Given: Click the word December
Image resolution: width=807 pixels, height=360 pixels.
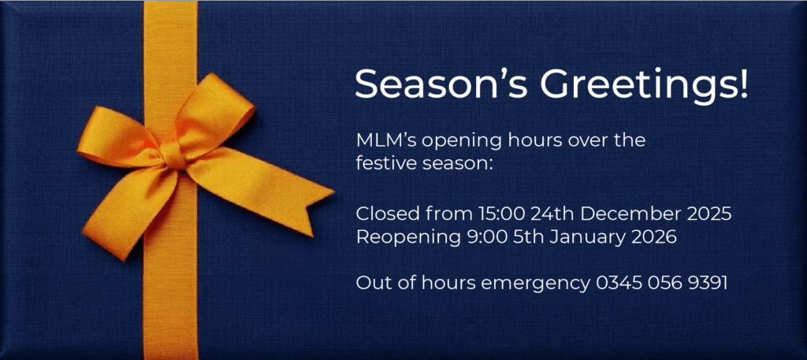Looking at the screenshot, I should click(x=634, y=213).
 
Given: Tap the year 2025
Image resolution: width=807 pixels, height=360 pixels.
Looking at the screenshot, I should click(x=709, y=213).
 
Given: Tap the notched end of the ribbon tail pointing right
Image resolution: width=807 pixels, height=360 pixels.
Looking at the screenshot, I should click(x=323, y=193).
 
